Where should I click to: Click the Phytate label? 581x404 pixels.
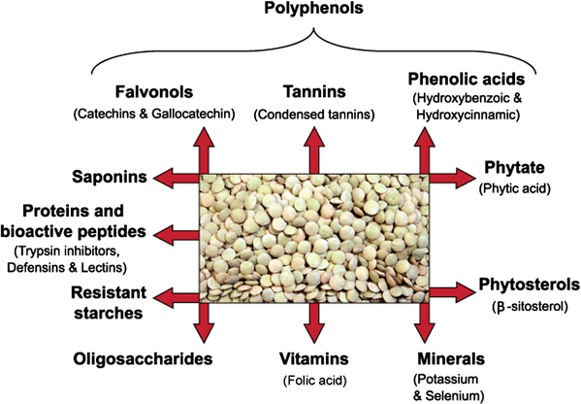click(x=508, y=166)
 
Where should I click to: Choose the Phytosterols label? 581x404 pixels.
click(x=529, y=286)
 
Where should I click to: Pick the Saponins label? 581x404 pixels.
click(x=109, y=177)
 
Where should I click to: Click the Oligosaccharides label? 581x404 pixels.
click(x=142, y=358)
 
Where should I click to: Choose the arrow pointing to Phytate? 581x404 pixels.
click(x=446, y=178)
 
